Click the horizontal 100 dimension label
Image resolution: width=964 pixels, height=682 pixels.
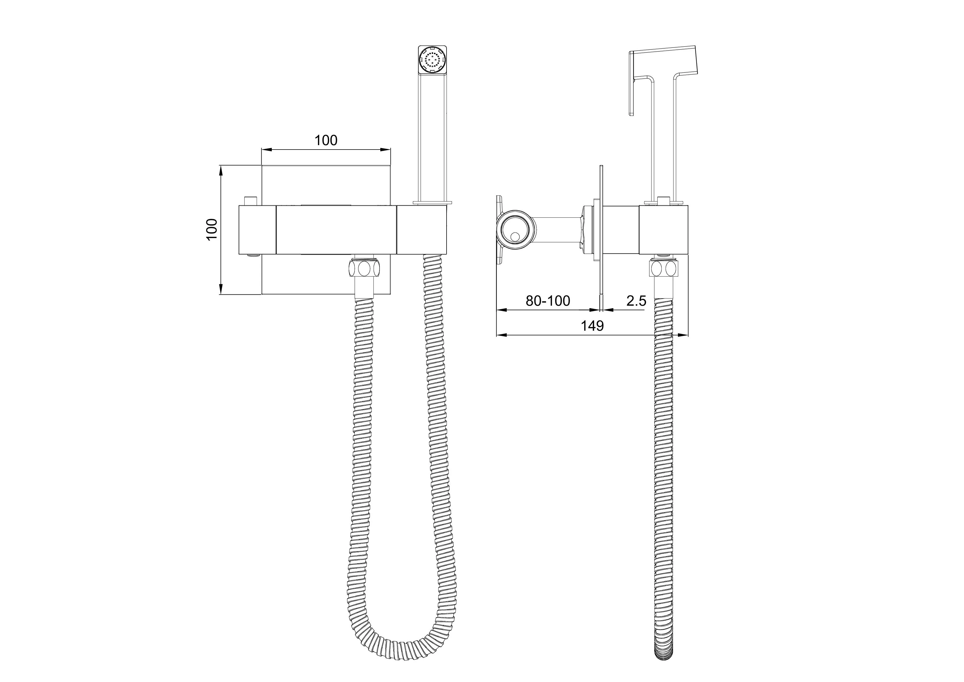click(326, 140)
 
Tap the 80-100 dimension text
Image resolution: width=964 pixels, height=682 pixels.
click(548, 301)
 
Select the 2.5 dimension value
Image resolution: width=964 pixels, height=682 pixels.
click(636, 301)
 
